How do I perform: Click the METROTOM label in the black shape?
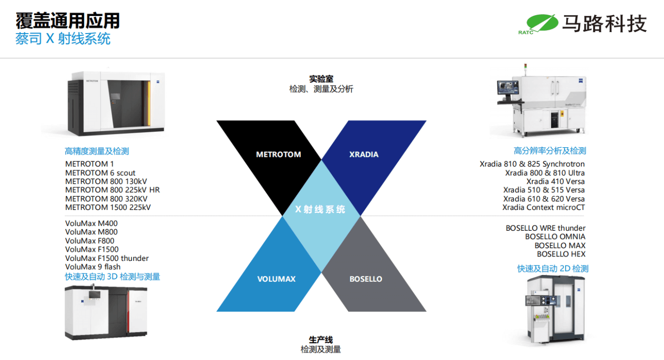tap(279, 154)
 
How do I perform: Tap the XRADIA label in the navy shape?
tap(364, 154)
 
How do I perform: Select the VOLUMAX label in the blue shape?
tap(276, 279)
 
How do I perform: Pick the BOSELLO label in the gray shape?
tap(366, 279)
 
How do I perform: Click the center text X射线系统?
tap(320, 209)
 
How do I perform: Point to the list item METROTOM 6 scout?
tap(100, 173)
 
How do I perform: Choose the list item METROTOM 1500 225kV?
tap(108, 207)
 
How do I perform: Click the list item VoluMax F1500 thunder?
tap(107, 258)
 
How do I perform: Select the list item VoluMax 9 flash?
tap(93, 267)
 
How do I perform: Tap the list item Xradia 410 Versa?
tap(556, 181)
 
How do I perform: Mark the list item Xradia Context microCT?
tap(543, 207)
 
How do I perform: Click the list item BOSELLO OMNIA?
tap(555, 237)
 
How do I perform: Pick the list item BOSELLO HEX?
tap(561, 254)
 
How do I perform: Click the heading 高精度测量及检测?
tap(97, 151)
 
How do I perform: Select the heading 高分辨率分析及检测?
tap(550, 151)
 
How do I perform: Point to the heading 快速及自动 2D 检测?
tap(553, 269)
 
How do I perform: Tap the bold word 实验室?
tap(321, 79)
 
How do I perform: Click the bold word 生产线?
tap(321, 340)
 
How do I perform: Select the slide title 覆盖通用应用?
tap(68, 21)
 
